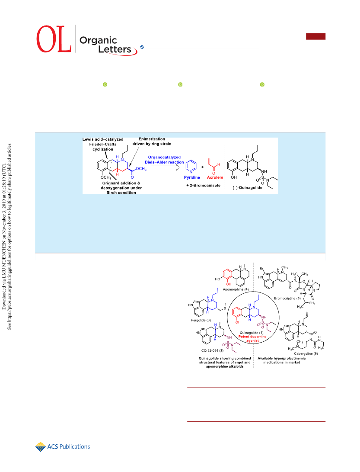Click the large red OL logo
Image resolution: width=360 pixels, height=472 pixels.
[x=54, y=39]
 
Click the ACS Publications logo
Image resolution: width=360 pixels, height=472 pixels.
[x=63, y=447]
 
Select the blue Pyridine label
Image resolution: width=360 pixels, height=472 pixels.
[x=192, y=177]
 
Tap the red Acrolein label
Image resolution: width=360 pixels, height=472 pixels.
[x=215, y=177]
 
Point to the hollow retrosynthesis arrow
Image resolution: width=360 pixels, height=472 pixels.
[x=165, y=167]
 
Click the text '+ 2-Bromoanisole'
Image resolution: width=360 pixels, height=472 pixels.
[x=203, y=186]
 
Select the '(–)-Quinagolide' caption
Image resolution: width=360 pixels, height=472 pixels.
[x=248, y=187]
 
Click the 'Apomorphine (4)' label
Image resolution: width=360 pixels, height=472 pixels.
[x=236, y=289]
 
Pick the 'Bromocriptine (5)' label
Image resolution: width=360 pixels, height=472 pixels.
[x=287, y=299]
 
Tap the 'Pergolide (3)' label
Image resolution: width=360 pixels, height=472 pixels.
[x=201, y=320]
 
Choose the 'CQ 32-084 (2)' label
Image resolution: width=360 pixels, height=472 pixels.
[x=212, y=350]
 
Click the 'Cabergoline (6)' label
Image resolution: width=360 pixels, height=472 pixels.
[x=306, y=353]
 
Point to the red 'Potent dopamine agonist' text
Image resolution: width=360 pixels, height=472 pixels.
[x=252, y=339]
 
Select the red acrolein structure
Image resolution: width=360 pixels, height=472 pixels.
[x=213, y=166]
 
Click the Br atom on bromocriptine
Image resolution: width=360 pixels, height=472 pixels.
[x=261, y=269]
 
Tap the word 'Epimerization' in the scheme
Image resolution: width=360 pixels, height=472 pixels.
[x=152, y=139]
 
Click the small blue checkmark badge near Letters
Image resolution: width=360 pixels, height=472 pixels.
[x=142, y=47]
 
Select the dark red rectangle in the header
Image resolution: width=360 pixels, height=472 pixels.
[x=316, y=36]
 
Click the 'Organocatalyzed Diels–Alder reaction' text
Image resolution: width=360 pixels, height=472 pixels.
[x=164, y=160]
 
